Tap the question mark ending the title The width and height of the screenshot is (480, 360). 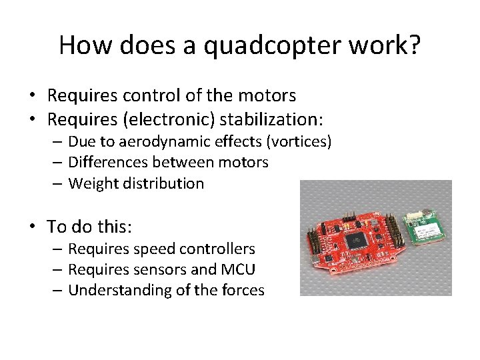[x=414, y=45]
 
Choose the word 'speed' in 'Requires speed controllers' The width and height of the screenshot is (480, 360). [x=149, y=249]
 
